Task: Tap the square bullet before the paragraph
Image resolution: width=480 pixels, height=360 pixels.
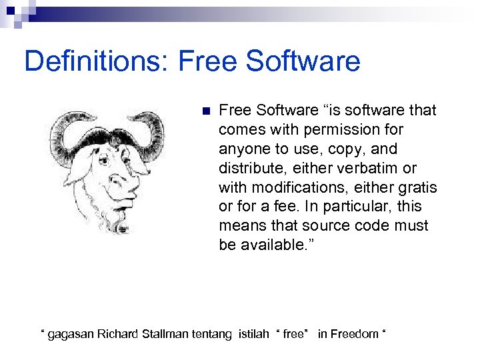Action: click(x=205, y=111)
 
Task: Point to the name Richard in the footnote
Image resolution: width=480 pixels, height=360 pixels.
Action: click(x=119, y=334)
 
